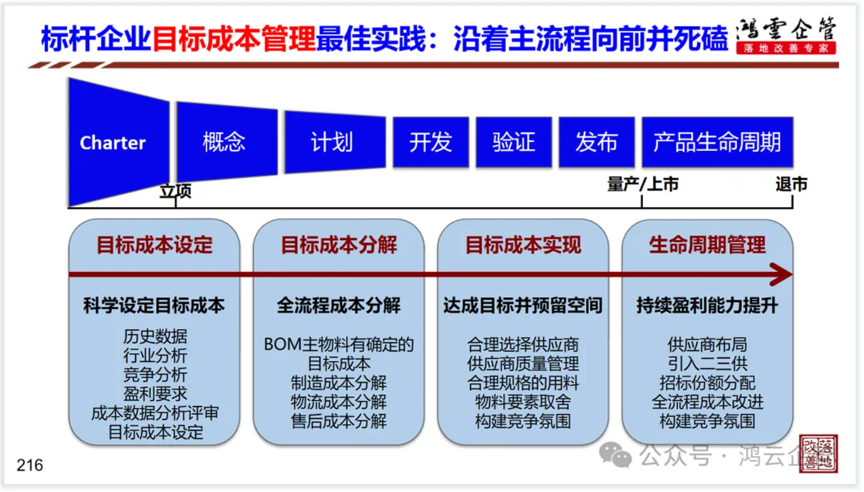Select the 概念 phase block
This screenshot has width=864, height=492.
(x=227, y=142)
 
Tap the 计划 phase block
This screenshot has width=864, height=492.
(x=335, y=142)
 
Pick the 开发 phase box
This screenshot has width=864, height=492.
(x=431, y=142)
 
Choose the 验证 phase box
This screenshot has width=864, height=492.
(x=514, y=142)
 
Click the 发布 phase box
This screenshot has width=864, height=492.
(x=597, y=142)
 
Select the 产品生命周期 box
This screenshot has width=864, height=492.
(x=718, y=142)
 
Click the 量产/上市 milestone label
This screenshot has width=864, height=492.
(x=643, y=184)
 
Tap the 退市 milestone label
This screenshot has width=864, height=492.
(x=791, y=184)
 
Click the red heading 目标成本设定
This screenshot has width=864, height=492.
(x=154, y=245)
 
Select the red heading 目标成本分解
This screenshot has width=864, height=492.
(x=339, y=245)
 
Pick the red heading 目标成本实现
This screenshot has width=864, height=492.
(x=523, y=245)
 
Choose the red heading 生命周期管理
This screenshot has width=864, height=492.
(x=707, y=245)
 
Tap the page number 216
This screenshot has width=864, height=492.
(x=30, y=465)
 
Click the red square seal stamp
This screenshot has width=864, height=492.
(x=818, y=453)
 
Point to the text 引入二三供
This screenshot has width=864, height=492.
(x=708, y=364)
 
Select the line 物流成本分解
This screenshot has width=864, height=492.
(x=339, y=402)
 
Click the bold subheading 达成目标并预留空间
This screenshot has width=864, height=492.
(x=523, y=306)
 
